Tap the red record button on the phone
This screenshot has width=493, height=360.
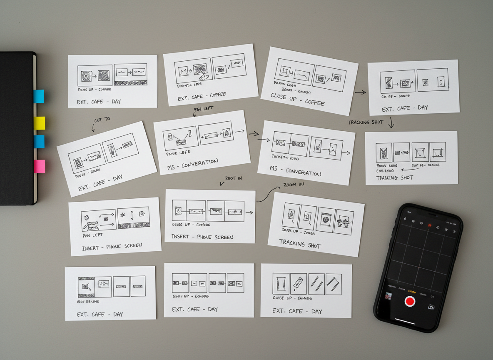pos(410,301)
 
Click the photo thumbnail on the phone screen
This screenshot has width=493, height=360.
pos(388,296)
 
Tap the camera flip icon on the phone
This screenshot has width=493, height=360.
pos(431,307)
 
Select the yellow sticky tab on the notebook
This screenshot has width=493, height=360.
pos(39,123)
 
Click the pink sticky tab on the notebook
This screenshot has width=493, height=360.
pos(39,166)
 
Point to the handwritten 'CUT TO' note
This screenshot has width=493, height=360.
pos(102,120)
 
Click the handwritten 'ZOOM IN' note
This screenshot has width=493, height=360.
pos(293,185)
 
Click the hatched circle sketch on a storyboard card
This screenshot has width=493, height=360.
pos(326,219)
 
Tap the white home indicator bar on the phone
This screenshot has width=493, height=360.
pos(404,321)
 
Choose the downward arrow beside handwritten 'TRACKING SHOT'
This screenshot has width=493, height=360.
pos(391,122)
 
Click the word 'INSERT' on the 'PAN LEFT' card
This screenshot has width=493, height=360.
pos(90,248)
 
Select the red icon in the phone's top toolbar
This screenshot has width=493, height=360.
pos(430,225)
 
